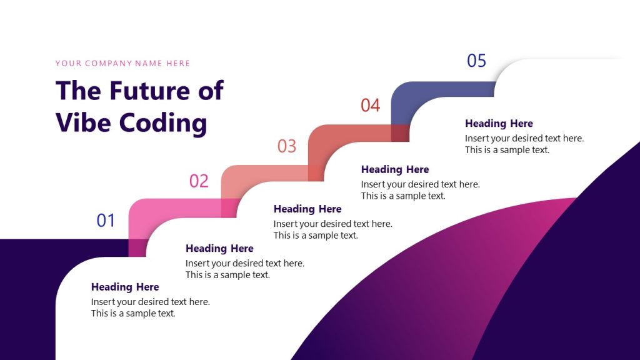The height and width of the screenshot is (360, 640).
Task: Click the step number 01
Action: coord(106,220)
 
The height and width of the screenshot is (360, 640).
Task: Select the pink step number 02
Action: coord(199,181)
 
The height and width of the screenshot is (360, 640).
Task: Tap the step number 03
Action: coord(287,146)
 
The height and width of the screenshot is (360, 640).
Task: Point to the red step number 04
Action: coord(370,106)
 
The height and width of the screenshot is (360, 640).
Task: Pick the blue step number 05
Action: coord(476,61)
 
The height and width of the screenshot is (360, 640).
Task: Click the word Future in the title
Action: coord(149,91)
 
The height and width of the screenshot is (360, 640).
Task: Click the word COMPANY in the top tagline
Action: coord(113,63)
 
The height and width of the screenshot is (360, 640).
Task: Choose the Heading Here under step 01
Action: coord(125,287)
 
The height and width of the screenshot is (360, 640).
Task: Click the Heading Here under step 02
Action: coord(219,248)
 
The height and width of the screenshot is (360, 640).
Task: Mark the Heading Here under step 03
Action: coord(307,209)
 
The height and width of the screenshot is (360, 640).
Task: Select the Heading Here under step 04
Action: coord(395,169)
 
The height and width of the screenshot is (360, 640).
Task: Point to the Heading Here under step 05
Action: coord(499,123)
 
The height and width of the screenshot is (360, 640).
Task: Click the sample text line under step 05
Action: coord(507,150)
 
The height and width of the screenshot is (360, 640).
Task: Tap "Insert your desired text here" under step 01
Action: coord(151,302)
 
